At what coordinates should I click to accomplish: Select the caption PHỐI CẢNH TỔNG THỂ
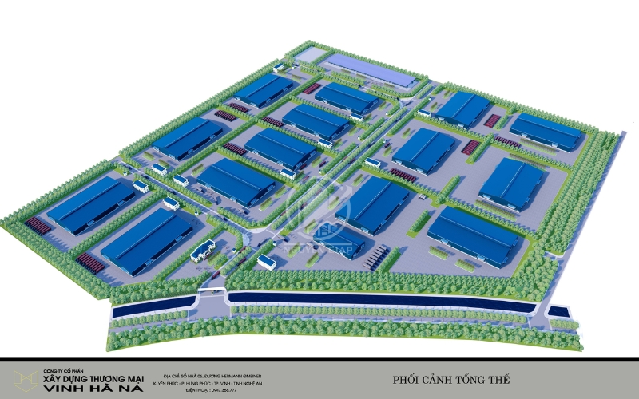[451, 378]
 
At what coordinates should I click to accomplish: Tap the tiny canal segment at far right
[558, 311]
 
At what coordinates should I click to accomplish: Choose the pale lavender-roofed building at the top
[372, 69]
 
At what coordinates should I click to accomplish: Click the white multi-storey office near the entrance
[202, 251]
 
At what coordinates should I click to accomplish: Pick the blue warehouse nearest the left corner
[90, 203]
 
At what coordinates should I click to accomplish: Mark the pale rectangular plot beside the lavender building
[311, 57]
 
